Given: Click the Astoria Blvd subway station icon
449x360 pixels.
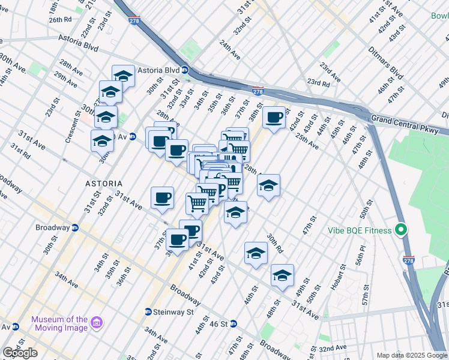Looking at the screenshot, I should click(x=185, y=69).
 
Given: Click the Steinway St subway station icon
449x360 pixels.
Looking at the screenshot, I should click(x=148, y=312).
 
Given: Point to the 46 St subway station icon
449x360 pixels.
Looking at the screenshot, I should click(x=234, y=324).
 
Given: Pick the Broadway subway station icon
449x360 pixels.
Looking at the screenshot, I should click(x=75, y=228).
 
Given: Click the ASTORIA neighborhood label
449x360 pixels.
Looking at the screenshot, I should click(x=104, y=183).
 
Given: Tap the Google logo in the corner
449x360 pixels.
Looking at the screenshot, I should click(x=20, y=353).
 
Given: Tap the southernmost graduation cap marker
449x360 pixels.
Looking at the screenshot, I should click(x=282, y=275).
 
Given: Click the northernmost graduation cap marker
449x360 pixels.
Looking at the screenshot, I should click(x=123, y=76).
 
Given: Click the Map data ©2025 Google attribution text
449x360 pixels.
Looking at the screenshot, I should click(x=412, y=355).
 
